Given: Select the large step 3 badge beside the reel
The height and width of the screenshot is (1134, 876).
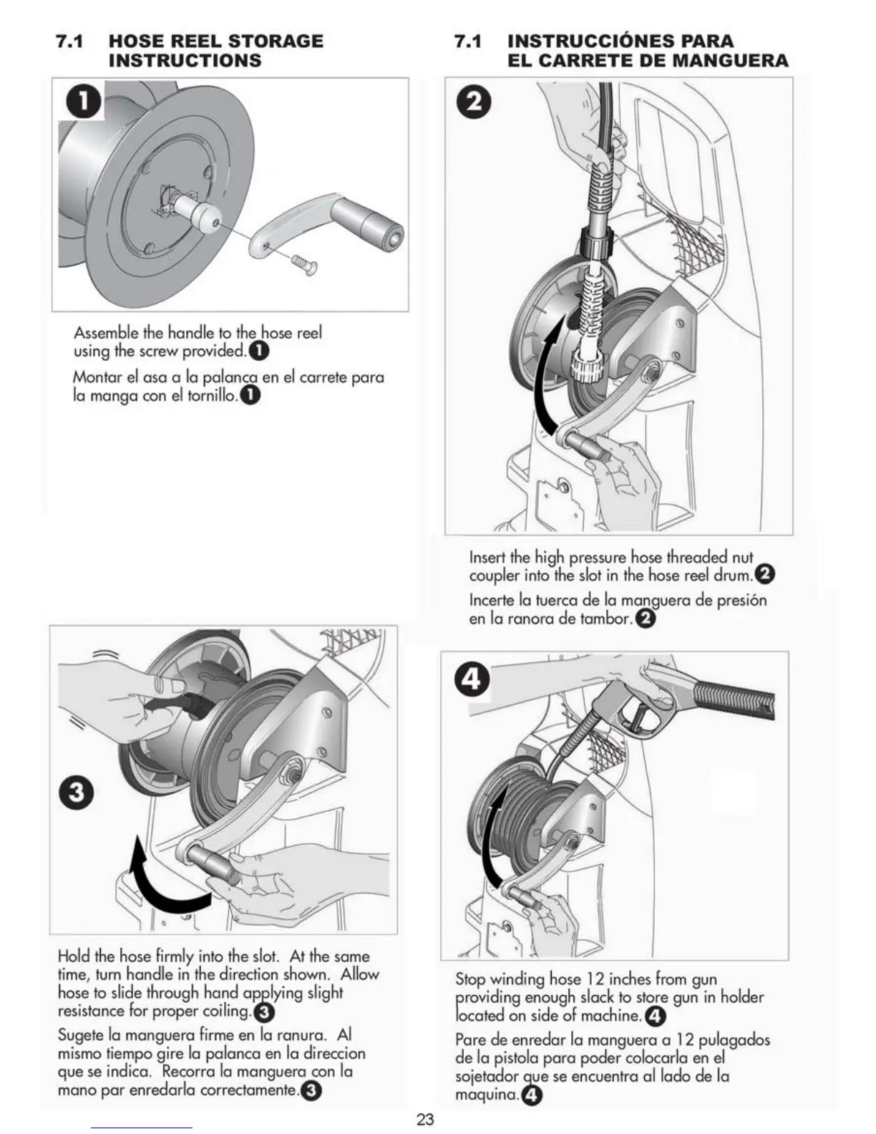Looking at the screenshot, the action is (76, 793).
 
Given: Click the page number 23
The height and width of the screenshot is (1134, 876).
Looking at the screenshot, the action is (425, 1120).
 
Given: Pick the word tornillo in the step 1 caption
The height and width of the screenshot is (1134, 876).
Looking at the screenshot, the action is (213, 395).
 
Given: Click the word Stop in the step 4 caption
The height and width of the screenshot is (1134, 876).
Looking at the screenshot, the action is (471, 979).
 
